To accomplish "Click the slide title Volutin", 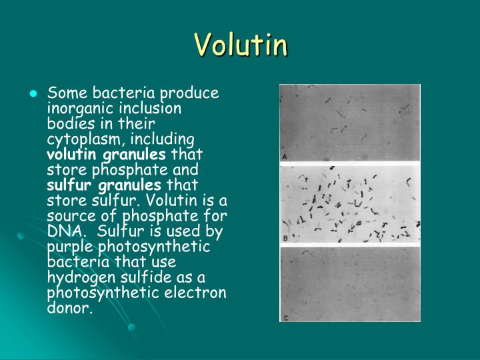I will click(x=241, y=45).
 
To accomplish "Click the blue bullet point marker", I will click(x=31, y=94).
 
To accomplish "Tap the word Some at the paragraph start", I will click(x=64, y=93).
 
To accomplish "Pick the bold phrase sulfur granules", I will click(x=104, y=185).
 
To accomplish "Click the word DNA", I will click(x=61, y=231).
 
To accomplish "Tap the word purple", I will click(x=65, y=247).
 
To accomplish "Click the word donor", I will click(x=67, y=309).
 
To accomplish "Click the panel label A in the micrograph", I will click(x=285, y=157).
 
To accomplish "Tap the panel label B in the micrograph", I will click(x=285, y=238).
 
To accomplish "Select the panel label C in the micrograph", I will click(x=285, y=318).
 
